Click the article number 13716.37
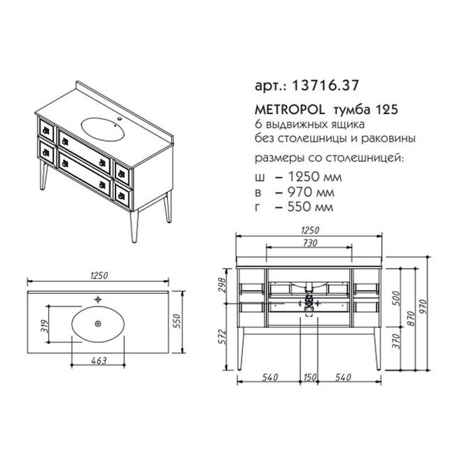326,85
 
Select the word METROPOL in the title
290,110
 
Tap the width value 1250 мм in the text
315,177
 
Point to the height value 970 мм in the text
311,192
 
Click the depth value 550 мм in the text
311,207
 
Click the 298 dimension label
222,285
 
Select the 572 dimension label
222,336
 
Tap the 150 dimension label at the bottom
310,377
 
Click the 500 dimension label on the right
397,299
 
